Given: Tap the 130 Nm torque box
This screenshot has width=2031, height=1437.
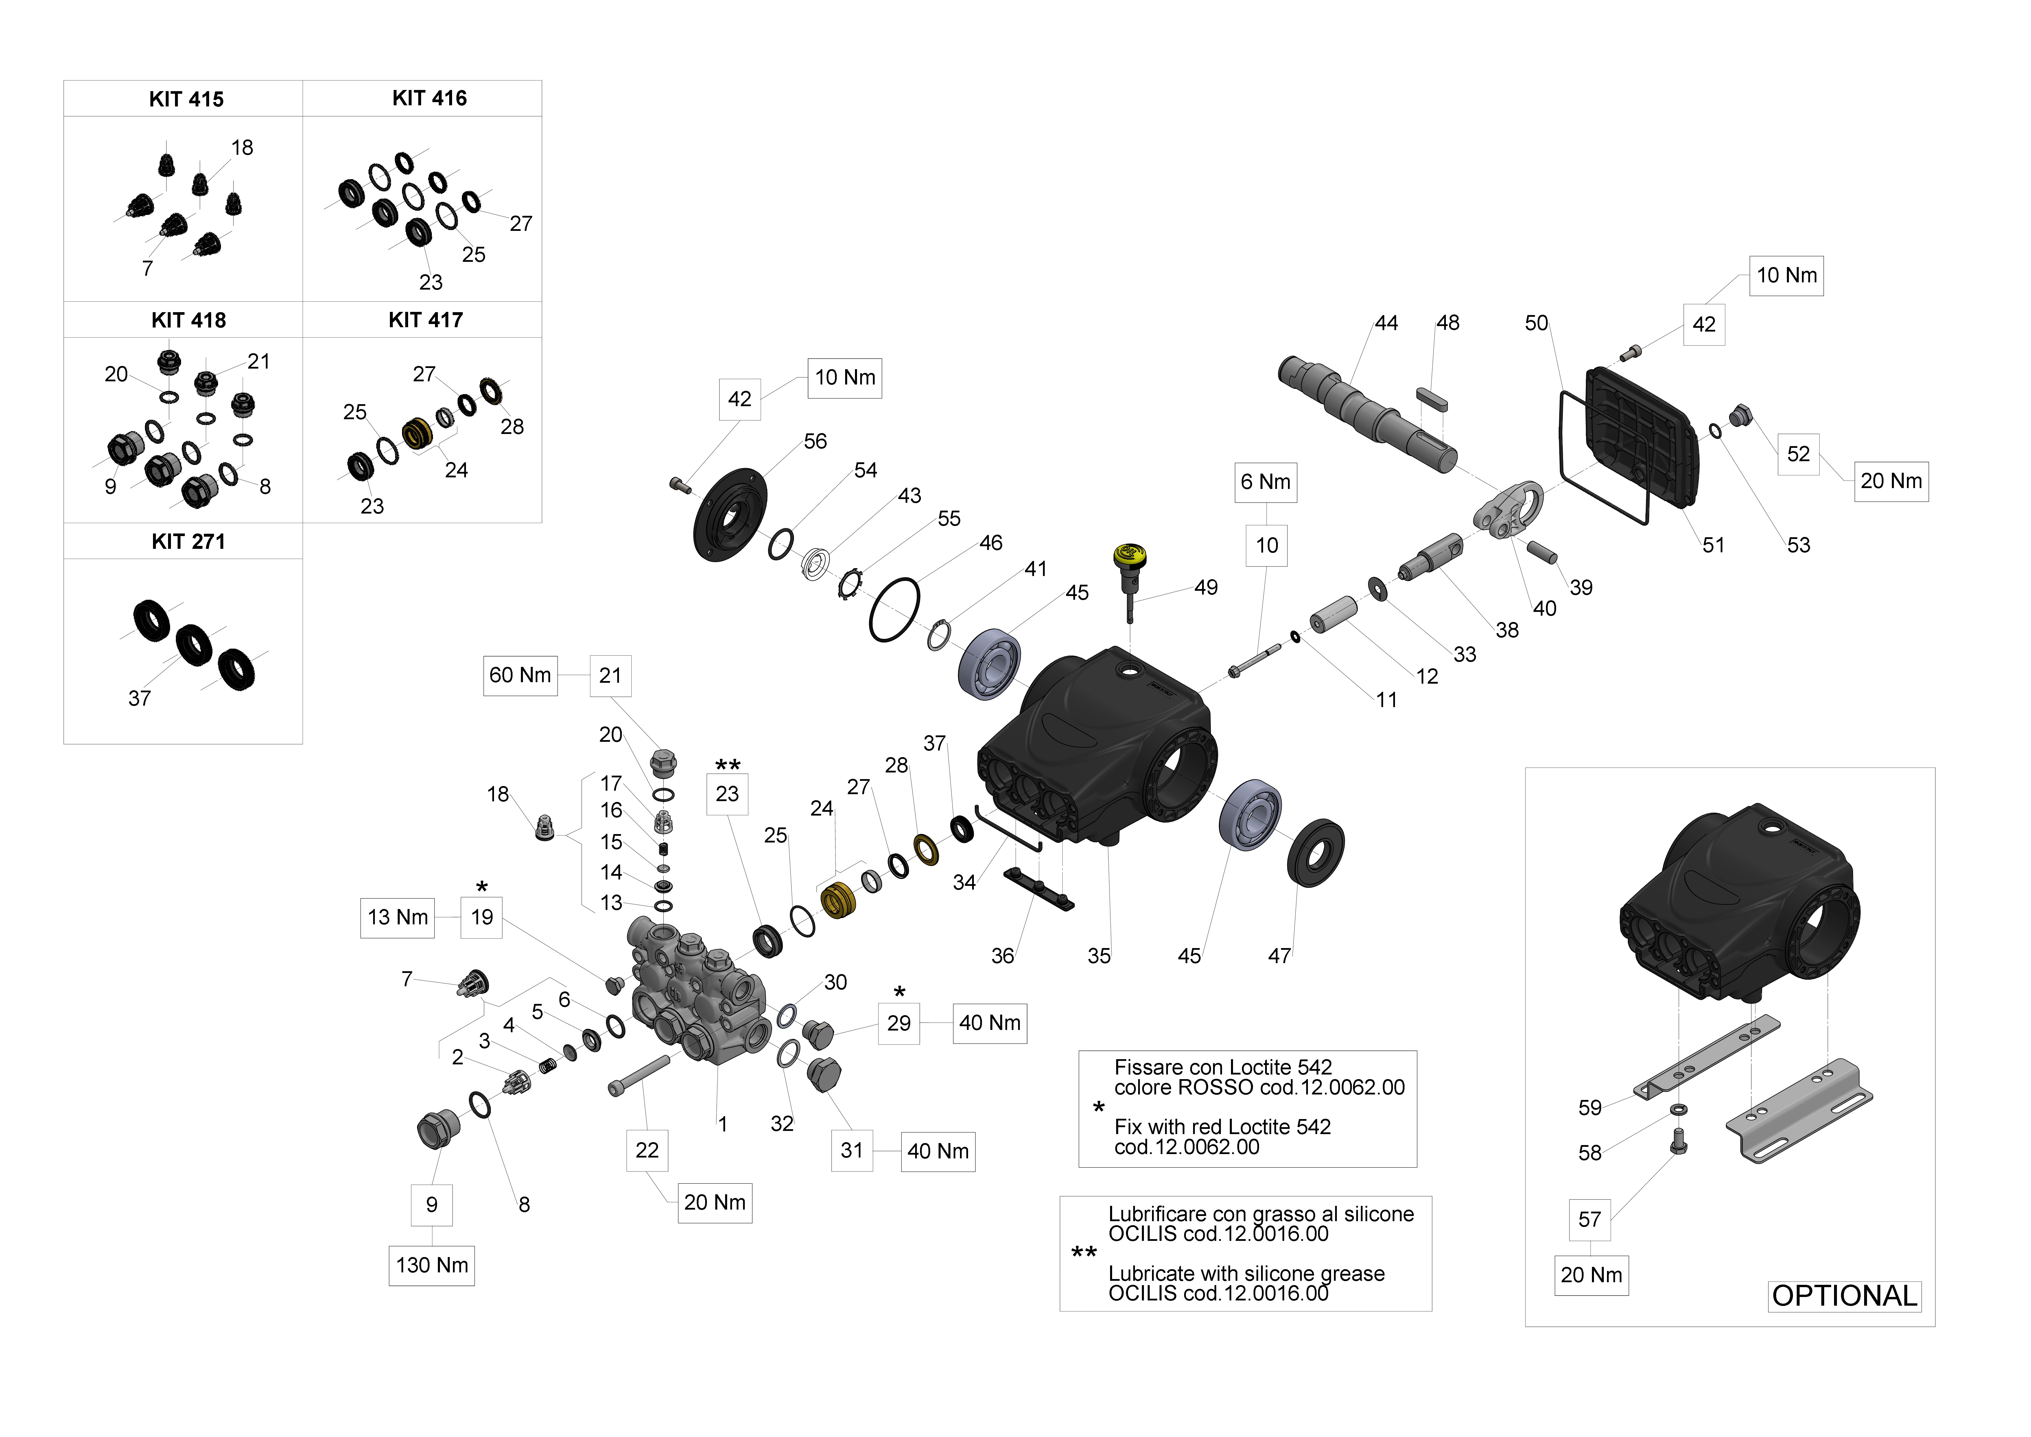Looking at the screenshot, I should point(432,1265).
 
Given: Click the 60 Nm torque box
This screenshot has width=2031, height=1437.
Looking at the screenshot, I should point(520,675).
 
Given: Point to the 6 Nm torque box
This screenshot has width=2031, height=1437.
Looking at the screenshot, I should point(1266,482).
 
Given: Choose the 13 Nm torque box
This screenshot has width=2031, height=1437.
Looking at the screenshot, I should point(398,918).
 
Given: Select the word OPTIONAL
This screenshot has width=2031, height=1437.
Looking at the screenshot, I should point(1844,1296).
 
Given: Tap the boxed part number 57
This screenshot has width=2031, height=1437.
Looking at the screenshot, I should point(1590,1220).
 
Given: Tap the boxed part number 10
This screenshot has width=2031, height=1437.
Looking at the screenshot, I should point(1267,546).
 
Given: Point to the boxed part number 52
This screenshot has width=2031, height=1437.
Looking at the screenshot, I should point(1798,455).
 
